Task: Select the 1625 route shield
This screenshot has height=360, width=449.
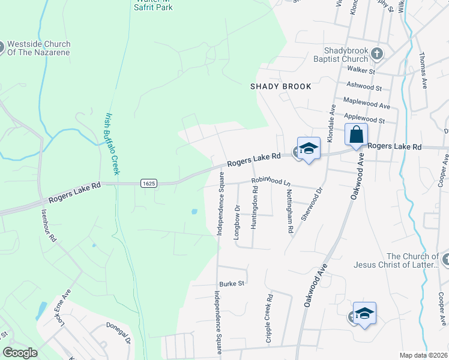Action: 149,183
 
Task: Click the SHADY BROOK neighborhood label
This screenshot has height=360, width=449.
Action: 281,86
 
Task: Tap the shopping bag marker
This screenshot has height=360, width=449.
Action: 356,136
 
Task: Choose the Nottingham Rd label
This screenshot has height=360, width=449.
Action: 289,211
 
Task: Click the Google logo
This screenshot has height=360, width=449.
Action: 20,353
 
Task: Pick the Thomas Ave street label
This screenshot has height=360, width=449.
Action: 423,70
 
